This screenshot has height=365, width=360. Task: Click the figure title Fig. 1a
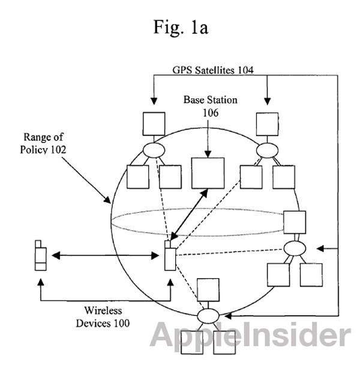click(181, 28)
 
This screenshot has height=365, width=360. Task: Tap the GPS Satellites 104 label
click(213, 70)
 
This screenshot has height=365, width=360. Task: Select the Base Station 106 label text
click(211, 106)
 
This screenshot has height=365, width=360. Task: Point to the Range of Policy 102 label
click(43, 143)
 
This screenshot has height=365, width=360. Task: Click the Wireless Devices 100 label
click(103, 317)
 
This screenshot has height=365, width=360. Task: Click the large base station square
click(208, 173)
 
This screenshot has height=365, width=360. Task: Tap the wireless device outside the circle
click(41, 255)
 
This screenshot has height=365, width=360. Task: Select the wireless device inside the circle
click(170, 255)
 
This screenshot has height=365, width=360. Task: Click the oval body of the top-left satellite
click(154, 150)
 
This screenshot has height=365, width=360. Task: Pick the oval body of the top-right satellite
click(267, 150)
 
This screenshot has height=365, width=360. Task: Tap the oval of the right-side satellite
click(295, 248)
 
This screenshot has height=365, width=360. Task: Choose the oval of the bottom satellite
click(208, 316)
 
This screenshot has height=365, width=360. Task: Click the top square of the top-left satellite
click(154, 124)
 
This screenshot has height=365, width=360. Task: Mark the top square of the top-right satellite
click(267, 124)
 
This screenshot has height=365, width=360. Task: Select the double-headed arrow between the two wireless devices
click(106, 255)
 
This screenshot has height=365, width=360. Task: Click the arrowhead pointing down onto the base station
click(208, 154)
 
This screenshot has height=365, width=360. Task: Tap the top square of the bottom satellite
click(208, 290)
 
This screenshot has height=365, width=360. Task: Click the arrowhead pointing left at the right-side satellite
click(320, 249)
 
